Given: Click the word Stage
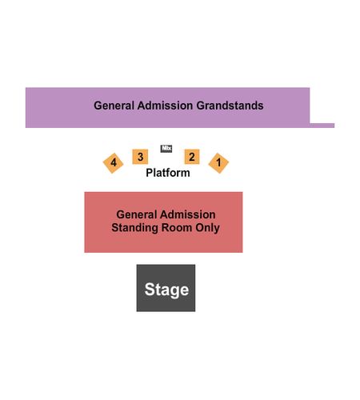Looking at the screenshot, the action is (x=166, y=290).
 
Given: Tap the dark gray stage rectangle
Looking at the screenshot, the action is (x=166, y=288).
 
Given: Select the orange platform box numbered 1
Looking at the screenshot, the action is (x=218, y=163).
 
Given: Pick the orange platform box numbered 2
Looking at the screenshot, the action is (x=192, y=157).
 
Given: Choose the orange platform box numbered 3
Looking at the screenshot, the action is (x=140, y=157).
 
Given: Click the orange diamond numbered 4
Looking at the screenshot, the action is (x=114, y=163).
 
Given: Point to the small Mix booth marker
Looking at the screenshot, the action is (x=166, y=148).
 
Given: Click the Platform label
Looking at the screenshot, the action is (x=168, y=173).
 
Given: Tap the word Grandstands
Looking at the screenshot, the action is (x=230, y=106).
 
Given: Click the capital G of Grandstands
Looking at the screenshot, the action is (x=201, y=106).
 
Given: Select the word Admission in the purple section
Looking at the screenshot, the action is (x=166, y=106).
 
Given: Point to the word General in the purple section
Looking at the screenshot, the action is (x=114, y=106).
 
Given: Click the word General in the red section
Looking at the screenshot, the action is (x=137, y=214).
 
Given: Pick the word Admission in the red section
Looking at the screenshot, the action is (x=188, y=214).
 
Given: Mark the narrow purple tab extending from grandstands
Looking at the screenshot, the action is (x=322, y=126).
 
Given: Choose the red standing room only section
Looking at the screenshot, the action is (x=163, y=222).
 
